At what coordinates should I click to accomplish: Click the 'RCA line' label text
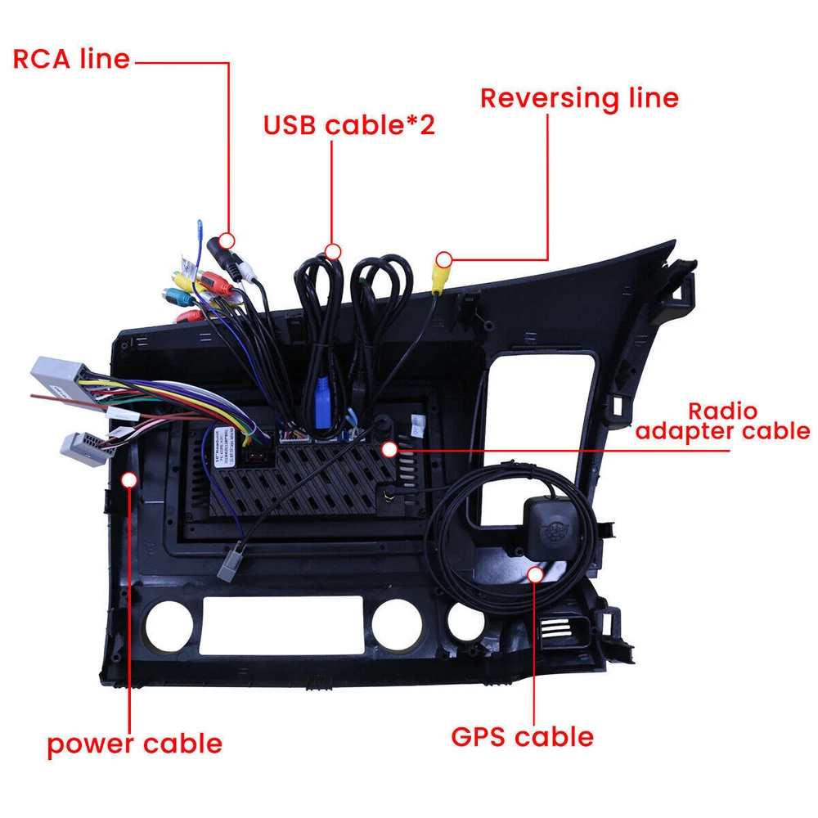pyautogui.click(x=71, y=60)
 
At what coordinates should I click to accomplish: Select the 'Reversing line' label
pyautogui.click(x=579, y=98)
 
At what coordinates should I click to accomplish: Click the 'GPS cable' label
pyautogui.click(x=522, y=736)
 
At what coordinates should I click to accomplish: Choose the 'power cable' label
pyautogui.click(x=134, y=744)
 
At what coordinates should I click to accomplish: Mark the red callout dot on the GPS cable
pyautogui.click(x=535, y=574)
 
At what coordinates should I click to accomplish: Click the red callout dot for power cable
pyautogui.click(x=129, y=479)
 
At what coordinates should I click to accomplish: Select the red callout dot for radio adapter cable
pyautogui.click(x=389, y=449)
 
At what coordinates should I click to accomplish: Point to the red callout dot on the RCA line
pyautogui.click(x=228, y=240)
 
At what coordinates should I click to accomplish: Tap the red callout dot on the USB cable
pyautogui.click(x=332, y=249)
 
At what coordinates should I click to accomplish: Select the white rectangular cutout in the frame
pyautogui.click(x=281, y=625)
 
